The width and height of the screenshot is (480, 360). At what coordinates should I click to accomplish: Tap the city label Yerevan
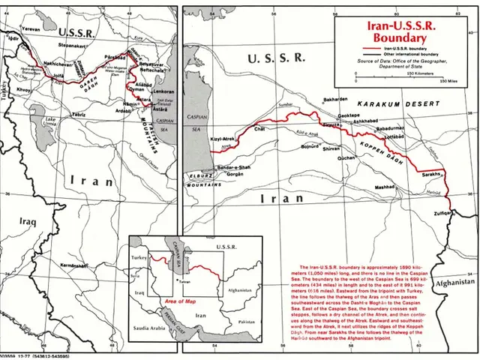click(31, 29)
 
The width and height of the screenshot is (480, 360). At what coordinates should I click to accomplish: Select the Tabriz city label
click(78, 113)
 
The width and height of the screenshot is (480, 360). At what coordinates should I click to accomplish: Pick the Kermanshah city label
click(76, 266)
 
